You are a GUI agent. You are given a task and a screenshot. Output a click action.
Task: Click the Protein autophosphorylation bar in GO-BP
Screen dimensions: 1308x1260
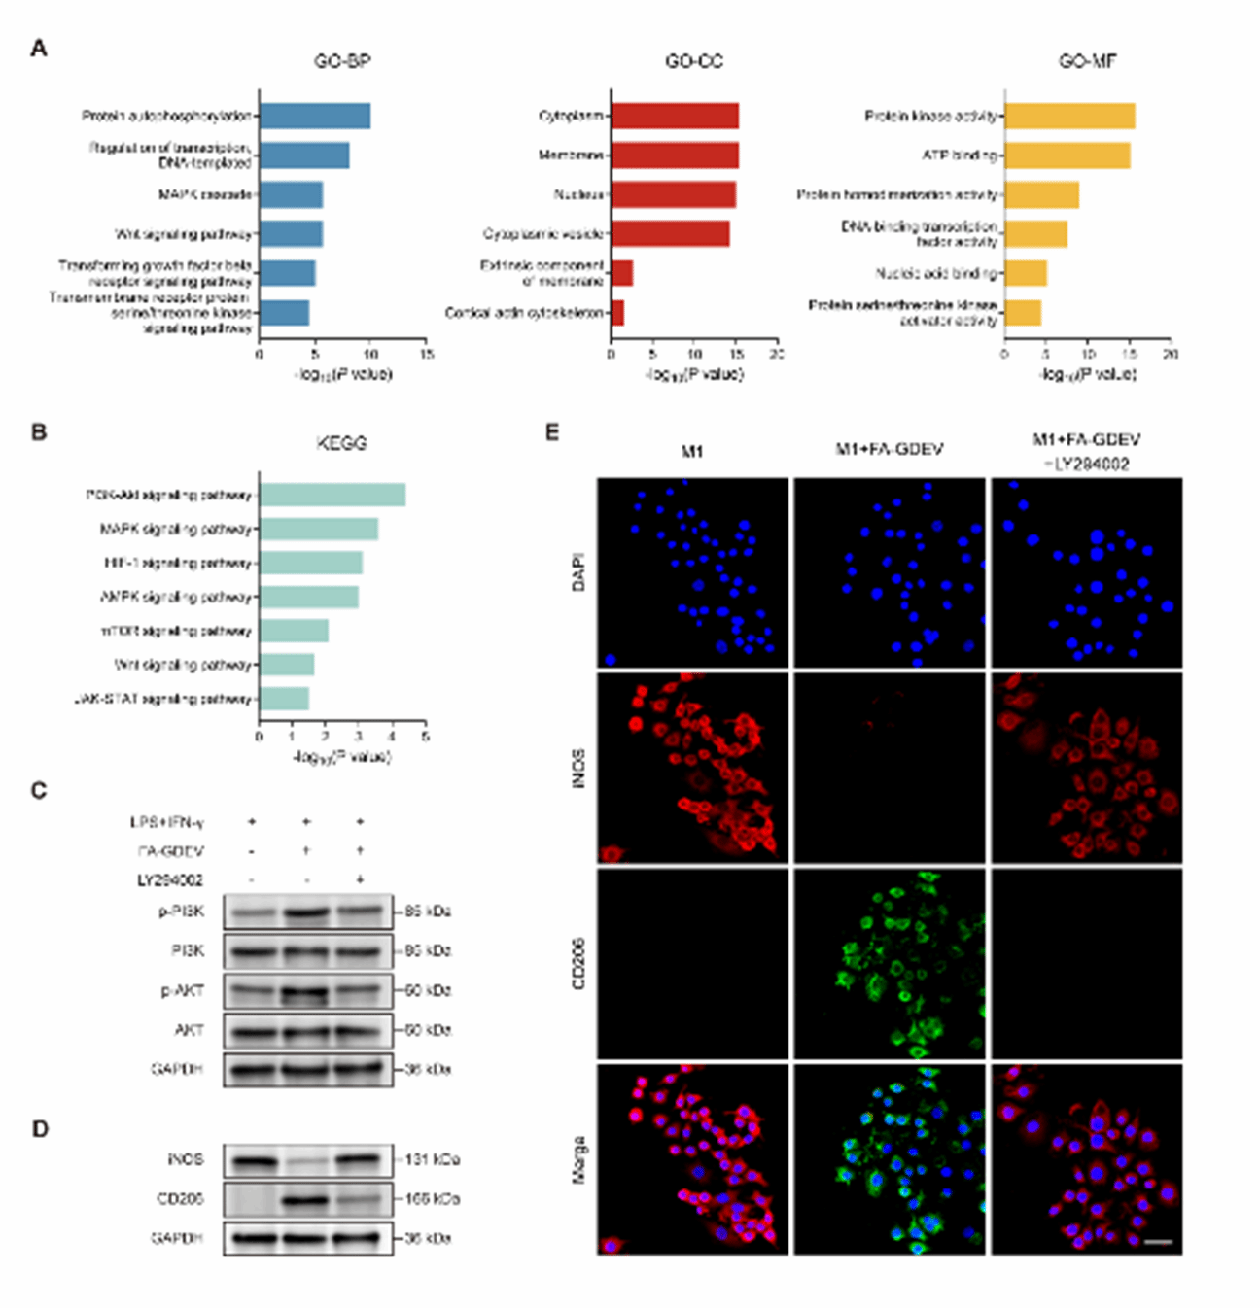point(314,117)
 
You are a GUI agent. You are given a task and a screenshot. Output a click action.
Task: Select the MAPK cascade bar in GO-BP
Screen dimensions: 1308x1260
point(291,195)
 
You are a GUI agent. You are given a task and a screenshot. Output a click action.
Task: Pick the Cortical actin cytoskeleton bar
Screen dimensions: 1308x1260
point(617,313)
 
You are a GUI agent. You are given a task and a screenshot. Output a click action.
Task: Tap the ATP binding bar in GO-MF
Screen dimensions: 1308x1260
point(1067,155)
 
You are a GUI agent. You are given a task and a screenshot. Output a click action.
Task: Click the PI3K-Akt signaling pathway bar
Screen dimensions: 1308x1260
point(332,495)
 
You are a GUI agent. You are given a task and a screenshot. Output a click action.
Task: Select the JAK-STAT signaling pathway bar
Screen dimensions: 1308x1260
point(284,699)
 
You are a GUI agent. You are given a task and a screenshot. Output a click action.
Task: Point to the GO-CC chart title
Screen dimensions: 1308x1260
point(693,61)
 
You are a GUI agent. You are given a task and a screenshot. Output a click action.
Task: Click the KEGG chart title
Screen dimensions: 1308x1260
point(341,443)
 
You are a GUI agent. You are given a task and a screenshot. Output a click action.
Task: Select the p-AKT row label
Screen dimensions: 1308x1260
point(183,990)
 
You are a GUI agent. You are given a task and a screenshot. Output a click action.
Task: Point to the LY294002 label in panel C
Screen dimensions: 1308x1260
point(170,880)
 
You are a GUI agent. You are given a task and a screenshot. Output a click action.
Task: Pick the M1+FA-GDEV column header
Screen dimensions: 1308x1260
point(889,449)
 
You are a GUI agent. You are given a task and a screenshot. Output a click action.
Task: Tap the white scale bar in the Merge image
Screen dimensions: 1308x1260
point(1157,1241)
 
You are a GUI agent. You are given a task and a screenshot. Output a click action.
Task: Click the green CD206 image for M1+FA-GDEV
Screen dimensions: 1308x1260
point(889,963)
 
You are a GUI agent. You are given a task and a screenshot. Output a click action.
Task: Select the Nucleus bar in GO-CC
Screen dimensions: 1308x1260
point(673,195)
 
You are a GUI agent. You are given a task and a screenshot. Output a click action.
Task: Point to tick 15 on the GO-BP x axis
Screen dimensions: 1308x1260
point(427,355)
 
